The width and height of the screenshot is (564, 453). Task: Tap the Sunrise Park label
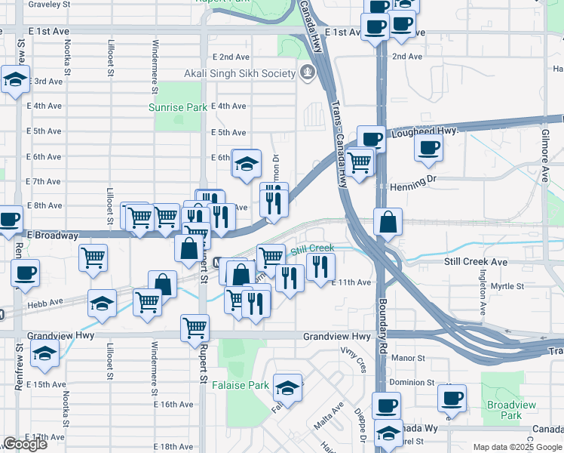pos(178,107)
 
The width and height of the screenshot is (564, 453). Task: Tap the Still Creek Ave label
pos(476,262)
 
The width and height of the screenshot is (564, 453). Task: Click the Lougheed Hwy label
pos(425,132)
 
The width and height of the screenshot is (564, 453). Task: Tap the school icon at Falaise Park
pos(287,387)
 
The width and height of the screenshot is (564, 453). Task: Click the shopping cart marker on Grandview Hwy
pos(195,328)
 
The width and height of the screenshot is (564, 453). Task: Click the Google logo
pos(25,444)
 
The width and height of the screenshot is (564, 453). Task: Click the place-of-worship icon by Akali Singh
pos(308,73)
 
